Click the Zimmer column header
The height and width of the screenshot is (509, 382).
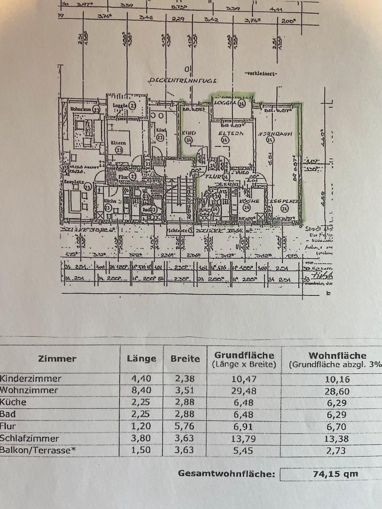(x=57, y=358)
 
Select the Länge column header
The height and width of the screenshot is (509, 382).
(x=142, y=358)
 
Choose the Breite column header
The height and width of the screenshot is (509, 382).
(x=185, y=358)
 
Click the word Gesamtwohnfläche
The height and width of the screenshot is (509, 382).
(x=227, y=474)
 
